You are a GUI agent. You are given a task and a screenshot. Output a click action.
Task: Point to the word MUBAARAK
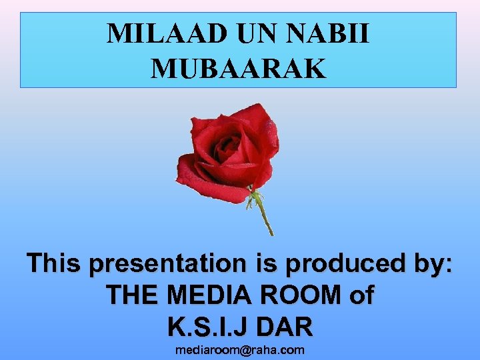(239, 68)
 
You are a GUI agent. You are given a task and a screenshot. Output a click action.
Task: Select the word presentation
(167, 265)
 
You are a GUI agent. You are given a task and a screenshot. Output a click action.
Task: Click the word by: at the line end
(430, 265)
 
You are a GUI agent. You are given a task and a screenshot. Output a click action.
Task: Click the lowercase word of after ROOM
(361, 295)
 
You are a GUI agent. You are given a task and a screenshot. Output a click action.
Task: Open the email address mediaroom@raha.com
(239, 350)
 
